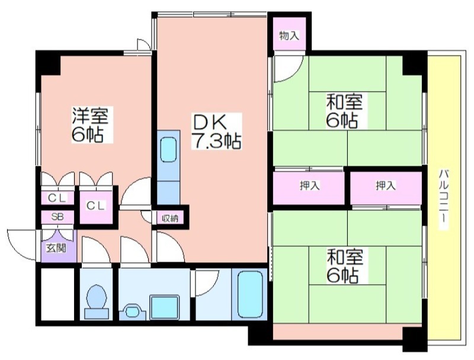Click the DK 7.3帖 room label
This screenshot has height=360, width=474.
(216, 131)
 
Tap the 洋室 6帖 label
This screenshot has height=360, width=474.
(90, 124)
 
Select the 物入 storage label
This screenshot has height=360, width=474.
(289, 36)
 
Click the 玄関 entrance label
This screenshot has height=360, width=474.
(56, 248)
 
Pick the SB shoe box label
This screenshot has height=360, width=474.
(57, 217)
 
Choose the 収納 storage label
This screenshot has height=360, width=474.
(169, 218)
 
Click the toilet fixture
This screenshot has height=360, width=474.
(97, 303)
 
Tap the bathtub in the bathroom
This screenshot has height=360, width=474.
(249, 294)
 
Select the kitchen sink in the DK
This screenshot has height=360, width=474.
(168, 150)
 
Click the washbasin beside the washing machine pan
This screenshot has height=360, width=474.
(132, 311)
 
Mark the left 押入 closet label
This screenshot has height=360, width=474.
(310, 185)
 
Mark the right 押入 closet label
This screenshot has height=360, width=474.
(386, 185)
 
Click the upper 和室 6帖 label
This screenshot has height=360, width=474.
(344, 111)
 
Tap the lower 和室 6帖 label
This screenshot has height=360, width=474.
(344, 265)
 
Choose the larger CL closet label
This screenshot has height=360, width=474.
(96, 205)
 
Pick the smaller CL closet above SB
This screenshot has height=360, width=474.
(57, 198)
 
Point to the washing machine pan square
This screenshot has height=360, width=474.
(165, 307)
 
